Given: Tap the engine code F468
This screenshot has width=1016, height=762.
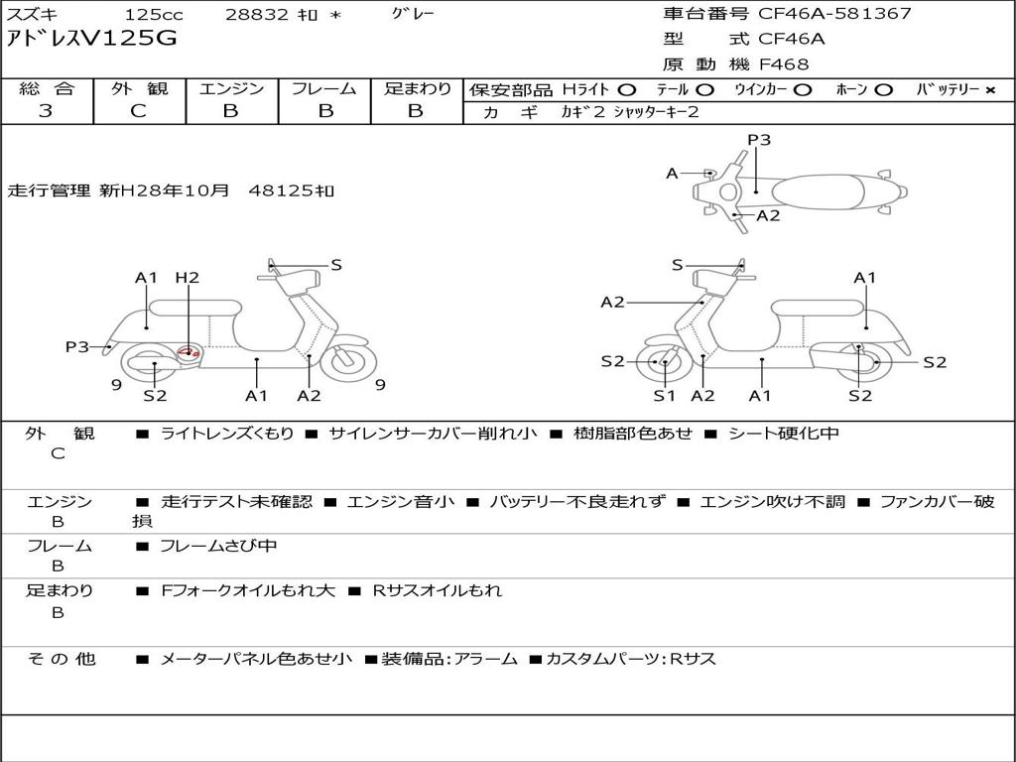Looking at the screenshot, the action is click(x=784, y=64).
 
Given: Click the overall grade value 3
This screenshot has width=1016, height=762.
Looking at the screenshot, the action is click(x=46, y=111).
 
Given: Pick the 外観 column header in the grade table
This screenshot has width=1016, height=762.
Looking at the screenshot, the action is click(x=139, y=88).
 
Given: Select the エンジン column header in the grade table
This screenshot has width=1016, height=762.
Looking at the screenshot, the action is click(x=231, y=88).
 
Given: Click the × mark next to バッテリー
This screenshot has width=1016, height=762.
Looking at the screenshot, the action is click(x=990, y=89).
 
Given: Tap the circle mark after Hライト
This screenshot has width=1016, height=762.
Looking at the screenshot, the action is click(x=627, y=89).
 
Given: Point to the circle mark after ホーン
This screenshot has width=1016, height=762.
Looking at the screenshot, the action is click(x=883, y=89).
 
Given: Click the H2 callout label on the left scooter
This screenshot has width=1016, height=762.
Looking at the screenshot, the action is click(x=188, y=278).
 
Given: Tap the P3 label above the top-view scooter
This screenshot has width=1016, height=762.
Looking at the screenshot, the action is click(x=759, y=140).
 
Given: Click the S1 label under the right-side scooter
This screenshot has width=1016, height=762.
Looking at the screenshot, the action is click(x=664, y=396).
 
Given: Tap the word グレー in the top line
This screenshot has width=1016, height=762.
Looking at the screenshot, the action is click(x=413, y=14).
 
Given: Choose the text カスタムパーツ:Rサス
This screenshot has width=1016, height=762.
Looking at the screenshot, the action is click(x=631, y=659).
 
